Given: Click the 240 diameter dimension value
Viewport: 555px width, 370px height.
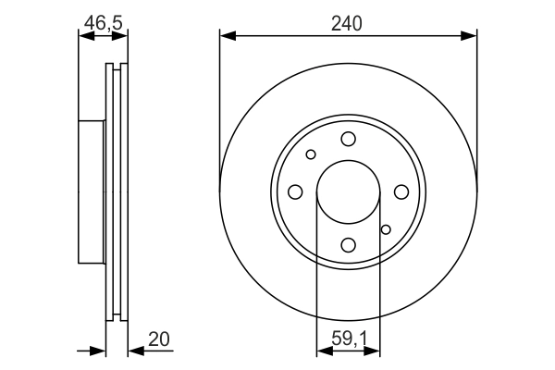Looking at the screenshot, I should point(348,22).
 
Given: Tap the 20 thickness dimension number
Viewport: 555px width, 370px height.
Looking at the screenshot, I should point(159,339).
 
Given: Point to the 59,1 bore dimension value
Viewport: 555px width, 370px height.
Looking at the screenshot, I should point(348,339).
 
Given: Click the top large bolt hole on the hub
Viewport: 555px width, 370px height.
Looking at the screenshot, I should point(348,139).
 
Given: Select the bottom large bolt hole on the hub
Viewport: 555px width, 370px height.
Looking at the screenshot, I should point(348,245).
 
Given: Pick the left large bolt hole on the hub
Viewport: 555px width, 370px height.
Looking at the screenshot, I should point(295,191).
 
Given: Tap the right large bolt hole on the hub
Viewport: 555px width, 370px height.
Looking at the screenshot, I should point(401,191).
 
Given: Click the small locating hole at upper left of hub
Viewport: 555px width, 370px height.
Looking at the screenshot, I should point(311,154).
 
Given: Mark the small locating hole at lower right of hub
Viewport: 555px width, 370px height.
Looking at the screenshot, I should point(386,229).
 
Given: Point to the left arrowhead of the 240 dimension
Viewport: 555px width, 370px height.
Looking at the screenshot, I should point(226,36).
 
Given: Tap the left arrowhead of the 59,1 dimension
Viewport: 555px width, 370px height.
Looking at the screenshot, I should point(323,351).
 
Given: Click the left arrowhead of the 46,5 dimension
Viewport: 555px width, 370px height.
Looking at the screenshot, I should point(84,36).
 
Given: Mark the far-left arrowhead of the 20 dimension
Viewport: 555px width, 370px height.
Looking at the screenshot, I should point(101,351).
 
